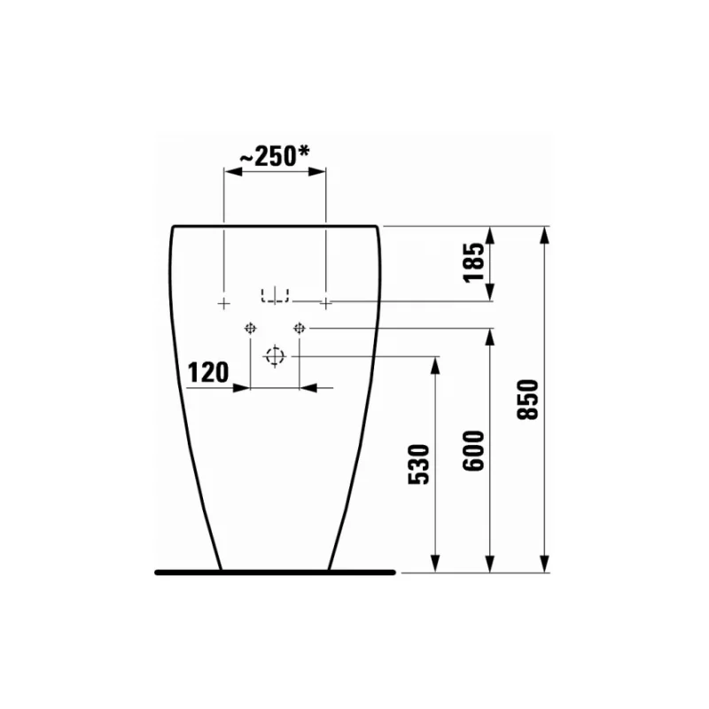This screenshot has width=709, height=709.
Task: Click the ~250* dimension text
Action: (275, 156)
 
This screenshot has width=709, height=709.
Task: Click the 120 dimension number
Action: (208, 371)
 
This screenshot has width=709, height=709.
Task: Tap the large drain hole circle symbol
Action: (276, 356)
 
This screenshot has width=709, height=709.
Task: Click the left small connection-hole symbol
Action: (251, 328)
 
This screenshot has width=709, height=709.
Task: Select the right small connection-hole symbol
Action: (300, 328)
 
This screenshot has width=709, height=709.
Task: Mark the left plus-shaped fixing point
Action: (224, 303)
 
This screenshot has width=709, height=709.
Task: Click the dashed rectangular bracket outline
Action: (276, 294)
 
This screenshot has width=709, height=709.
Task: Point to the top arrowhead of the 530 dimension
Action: (436, 362)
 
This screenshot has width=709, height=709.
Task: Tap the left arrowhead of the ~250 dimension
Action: (230, 173)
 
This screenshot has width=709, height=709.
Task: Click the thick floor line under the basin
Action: (275, 572)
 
